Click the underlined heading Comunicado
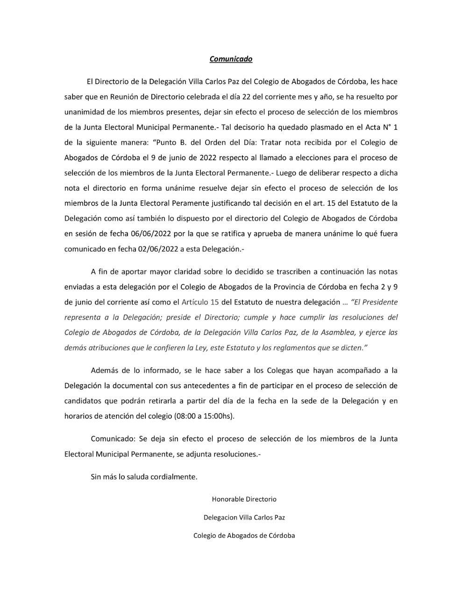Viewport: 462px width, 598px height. [x=231, y=59]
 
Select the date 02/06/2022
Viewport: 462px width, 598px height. [x=157, y=249]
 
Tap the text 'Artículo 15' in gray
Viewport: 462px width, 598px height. [x=199, y=302]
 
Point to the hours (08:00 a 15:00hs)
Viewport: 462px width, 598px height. [x=204, y=416]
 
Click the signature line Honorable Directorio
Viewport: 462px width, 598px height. [x=244, y=499]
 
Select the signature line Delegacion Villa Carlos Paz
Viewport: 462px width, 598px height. [x=244, y=518]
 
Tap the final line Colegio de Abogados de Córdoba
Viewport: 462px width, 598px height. [x=244, y=536]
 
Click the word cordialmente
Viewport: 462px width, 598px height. [x=175, y=477]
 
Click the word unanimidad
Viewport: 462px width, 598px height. [x=84, y=112]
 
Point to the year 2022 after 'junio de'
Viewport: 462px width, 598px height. [x=198, y=158]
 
